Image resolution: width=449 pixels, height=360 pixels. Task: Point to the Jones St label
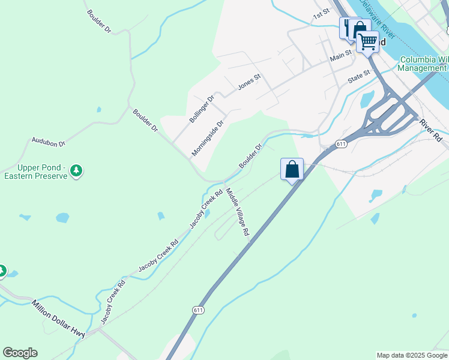pyautogui.click(x=249, y=82)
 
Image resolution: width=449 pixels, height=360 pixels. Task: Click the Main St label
pyautogui.click(x=340, y=56)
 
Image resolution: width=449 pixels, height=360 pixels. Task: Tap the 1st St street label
pyautogui.click(x=322, y=13)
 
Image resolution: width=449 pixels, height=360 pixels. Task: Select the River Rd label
pyautogui.click(x=431, y=130)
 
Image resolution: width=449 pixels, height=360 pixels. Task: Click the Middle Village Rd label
pyautogui.click(x=237, y=214)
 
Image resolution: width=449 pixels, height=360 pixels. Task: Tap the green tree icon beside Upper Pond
pyautogui.click(x=76, y=171)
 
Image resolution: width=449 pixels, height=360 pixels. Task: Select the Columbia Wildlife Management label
pyautogui.click(x=424, y=64)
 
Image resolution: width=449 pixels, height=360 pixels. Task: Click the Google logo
pyautogui.click(x=20, y=353)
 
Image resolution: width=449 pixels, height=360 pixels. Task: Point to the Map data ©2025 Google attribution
pyautogui.click(x=412, y=355)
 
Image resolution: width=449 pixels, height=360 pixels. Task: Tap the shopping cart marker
pyautogui.click(x=367, y=42)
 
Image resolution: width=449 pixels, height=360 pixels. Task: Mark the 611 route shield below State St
pyautogui.click(x=341, y=144)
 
